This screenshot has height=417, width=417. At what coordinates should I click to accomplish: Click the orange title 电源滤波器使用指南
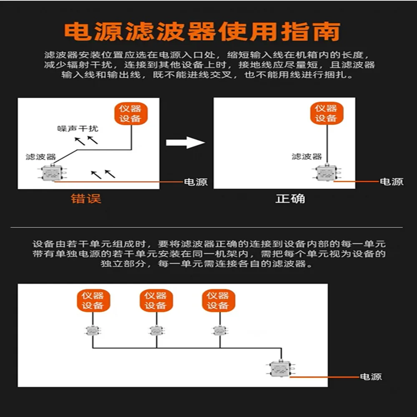pyautogui.click(x=202, y=32)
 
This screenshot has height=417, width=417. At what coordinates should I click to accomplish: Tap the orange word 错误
pyautogui.click(x=86, y=199)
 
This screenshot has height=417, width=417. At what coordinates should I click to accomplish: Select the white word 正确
pyautogui.click(x=290, y=198)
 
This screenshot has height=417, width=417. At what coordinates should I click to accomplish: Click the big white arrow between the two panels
pyautogui.click(x=185, y=143)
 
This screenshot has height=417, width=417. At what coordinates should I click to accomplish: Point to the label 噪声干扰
pyautogui.click(x=78, y=128)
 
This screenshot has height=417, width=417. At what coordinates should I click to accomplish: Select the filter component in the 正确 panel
pyautogui.click(x=326, y=173)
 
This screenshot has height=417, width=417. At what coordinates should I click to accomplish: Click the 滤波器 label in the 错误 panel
pyautogui.click(x=40, y=157)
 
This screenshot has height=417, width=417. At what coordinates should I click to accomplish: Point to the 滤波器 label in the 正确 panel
pyautogui.click(x=306, y=156)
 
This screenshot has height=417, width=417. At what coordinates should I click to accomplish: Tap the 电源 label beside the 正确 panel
pyautogui.click(x=392, y=182)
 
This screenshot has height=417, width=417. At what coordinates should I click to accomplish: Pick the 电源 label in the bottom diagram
pyautogui.click(x=371, y=377)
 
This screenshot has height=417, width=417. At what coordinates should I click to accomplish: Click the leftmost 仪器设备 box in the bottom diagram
pyautogui.click(x=92, y=301)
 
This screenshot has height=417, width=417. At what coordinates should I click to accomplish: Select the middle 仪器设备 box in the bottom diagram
pyautogui.click(x=155, y=301)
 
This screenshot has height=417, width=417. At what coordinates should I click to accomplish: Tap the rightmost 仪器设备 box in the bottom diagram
pyautogui.click(x=218, y=301)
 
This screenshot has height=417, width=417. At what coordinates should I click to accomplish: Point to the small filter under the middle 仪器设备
pyautogui.click(x=156, y=331)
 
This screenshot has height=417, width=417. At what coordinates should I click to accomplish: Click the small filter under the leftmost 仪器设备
pyautogui.click(x=92, y=331)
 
